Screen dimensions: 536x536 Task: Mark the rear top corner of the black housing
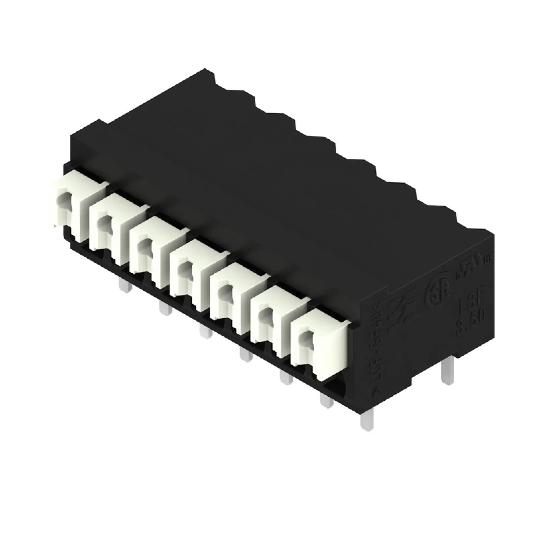tap(205, 69)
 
